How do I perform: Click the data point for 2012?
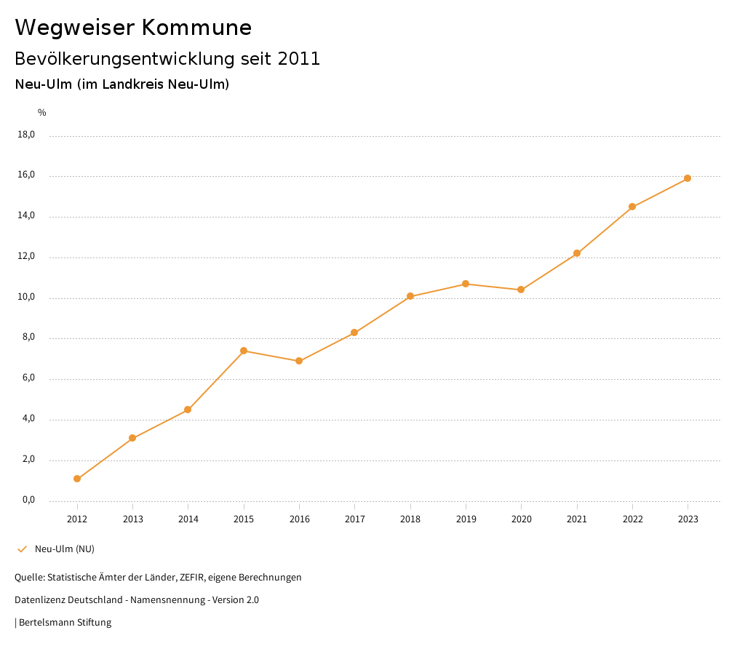[x=77, y=479]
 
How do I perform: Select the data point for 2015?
[x=244, y=351]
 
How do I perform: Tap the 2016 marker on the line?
[x=299, y=361]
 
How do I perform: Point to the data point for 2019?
[x=466, y=284]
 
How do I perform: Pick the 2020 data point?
[x=521, y=290]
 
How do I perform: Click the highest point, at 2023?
[x=688, y=178]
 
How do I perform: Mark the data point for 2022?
[x=632, y=207]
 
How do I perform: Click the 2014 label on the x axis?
[x=188, y=519]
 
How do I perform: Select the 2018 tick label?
[x=410, y=519]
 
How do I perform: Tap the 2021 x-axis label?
[x=577, y=519]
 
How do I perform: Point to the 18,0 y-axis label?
[x=26, y=135]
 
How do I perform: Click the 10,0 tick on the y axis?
[x=26, y=298]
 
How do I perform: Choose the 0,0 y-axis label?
[x=28, y=501]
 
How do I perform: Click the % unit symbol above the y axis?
[x=42, y=113]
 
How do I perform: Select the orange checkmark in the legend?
[x=22, y=549]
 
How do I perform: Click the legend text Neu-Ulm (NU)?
[x=65, y=549]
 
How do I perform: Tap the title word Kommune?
[x=196, y=28]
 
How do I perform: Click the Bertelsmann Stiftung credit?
[x=65, y=623]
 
